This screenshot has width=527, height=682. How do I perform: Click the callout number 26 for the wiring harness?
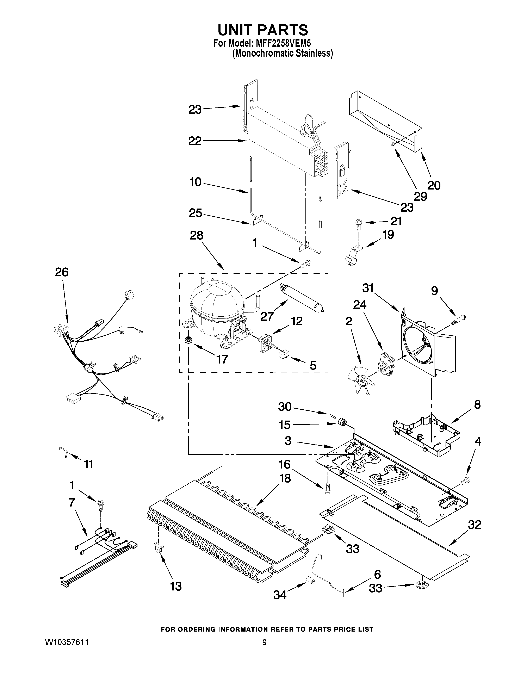click(62, 272)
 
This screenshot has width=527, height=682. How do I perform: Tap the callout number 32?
click(475, 525)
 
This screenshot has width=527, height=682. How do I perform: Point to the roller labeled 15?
click(341, 423)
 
